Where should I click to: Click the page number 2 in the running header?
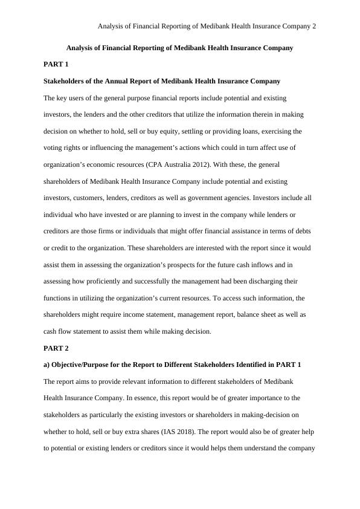coord(314,27)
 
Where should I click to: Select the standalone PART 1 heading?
coord(56,64)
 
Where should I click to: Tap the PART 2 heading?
coord(56,348)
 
